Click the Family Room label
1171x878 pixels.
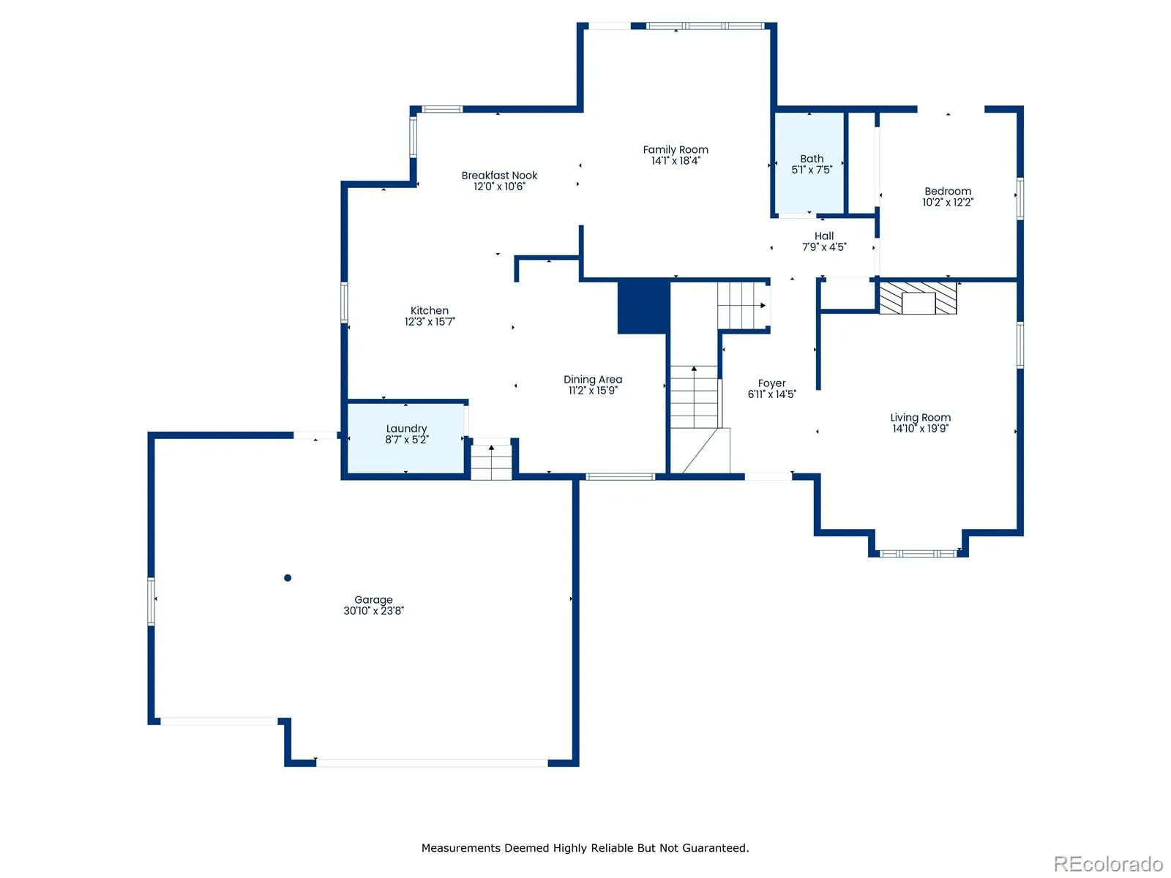[675, 150]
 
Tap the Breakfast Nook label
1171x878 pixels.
[499, 176]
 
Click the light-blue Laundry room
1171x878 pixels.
[405, 438]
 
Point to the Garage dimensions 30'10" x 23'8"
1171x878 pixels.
[373, 610]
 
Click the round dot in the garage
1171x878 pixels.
[288, 577]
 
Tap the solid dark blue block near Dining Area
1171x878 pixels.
[643, 307]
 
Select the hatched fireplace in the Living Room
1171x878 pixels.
[917, 299]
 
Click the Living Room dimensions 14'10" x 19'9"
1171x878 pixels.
[920, 428]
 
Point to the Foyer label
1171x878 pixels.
[771, 383]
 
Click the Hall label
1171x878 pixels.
[823, 236]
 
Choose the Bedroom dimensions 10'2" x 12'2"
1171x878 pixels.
[947, 202]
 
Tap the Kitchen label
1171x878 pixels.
[429, 310]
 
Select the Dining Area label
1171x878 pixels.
[592, 379]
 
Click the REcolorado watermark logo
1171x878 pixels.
[1107, 863]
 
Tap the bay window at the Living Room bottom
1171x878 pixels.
[917, 553]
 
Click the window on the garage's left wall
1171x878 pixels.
[151, 601]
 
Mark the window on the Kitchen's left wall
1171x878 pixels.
[344, 302]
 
